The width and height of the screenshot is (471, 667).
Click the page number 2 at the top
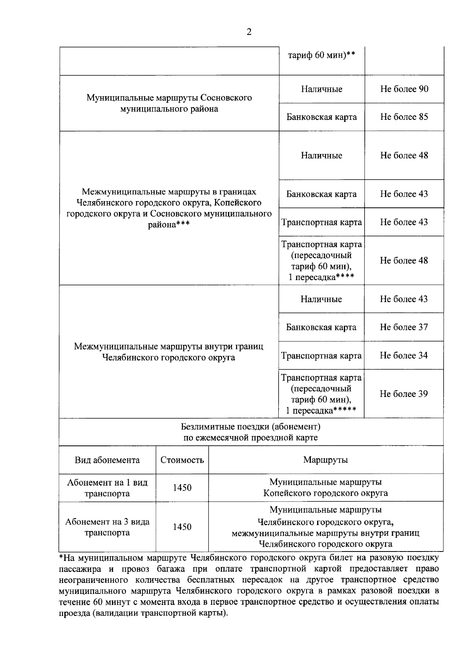249,32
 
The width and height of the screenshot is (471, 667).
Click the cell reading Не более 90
404,89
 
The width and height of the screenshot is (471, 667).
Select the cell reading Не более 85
404,117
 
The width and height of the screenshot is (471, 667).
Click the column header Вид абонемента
107,460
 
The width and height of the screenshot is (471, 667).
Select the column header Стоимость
182,460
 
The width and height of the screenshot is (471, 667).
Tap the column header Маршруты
325,460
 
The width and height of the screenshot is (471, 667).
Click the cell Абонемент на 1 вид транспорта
107,488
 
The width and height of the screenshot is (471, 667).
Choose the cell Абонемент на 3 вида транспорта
107,527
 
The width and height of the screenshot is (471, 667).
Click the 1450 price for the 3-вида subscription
182,527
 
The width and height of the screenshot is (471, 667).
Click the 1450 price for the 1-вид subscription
182,488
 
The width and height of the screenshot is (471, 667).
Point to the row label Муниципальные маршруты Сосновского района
169,103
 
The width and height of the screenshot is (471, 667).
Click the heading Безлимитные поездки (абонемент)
251,427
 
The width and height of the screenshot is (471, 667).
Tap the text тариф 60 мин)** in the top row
321,55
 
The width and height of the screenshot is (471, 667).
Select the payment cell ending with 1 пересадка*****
321,394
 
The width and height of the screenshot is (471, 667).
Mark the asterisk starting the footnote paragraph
61,557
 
